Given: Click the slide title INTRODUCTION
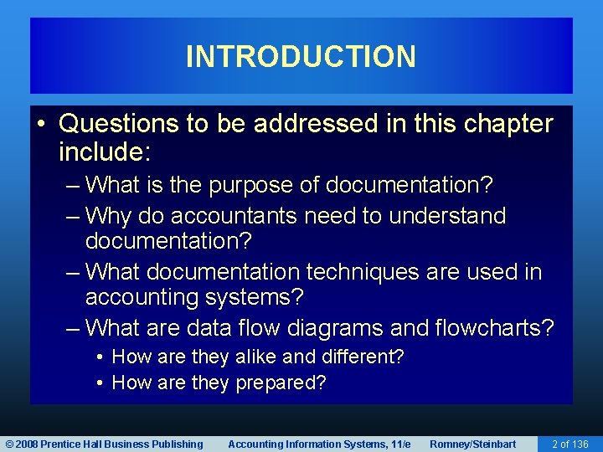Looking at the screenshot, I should [301, 57].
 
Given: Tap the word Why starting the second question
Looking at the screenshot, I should [105, 216].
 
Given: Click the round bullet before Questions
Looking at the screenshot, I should [44, 125].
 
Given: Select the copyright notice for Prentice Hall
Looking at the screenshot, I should [104, 444].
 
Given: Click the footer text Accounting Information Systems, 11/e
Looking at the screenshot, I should [319, 444].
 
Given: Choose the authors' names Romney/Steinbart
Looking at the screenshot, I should [472, 444].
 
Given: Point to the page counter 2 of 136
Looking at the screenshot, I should [569, 444].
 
